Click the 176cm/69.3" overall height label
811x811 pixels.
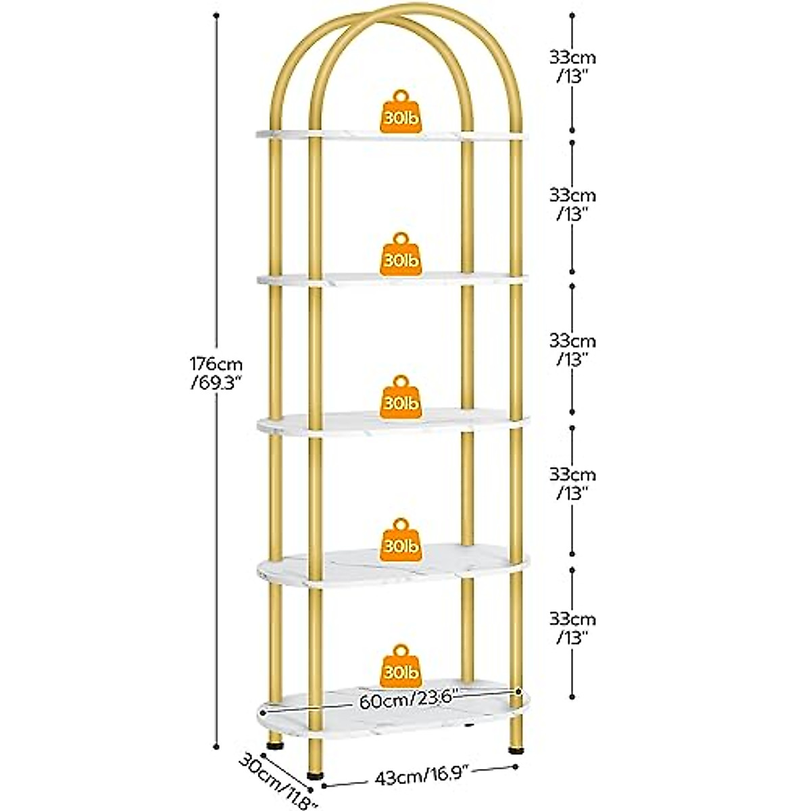click(217, 373)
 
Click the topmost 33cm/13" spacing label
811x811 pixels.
click(572, 66)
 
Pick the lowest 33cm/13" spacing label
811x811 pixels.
click(572, 627)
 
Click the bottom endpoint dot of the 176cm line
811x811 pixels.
click(217, 746)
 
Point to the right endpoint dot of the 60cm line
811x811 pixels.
click(518, 691)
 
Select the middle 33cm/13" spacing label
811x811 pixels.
click(572, 347)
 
